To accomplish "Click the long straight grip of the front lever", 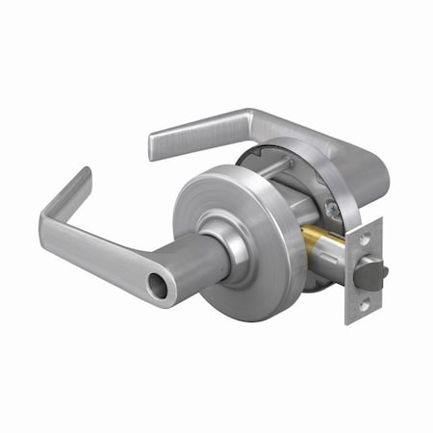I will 115,255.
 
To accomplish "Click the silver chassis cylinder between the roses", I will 298,221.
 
